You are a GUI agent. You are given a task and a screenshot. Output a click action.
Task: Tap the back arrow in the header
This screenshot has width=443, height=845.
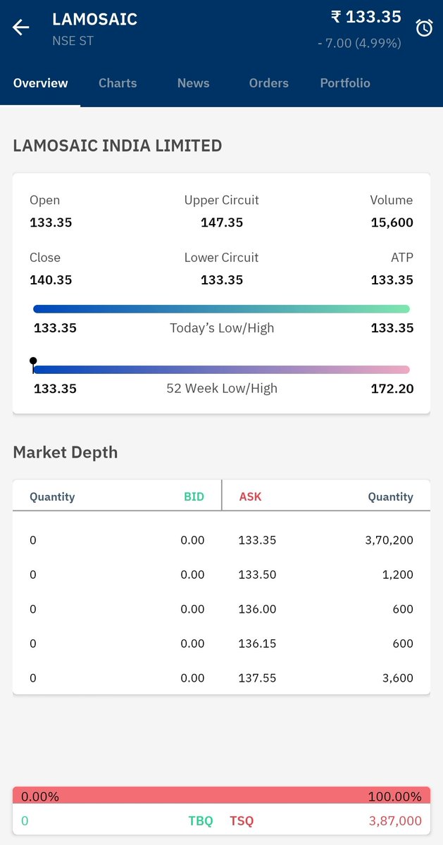21,27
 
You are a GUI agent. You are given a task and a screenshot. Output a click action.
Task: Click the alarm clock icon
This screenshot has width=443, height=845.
424,28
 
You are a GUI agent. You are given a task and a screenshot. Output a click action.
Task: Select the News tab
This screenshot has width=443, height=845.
193,83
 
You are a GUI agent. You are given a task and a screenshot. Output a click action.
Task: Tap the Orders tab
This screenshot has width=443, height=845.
268,83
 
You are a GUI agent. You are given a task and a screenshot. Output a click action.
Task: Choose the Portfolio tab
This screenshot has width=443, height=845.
344,83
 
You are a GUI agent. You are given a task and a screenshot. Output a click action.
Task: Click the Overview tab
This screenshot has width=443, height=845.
41,83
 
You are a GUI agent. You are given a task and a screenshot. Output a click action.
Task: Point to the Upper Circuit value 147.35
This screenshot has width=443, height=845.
222,223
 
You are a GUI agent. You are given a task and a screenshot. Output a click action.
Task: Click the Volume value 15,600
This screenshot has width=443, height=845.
392,223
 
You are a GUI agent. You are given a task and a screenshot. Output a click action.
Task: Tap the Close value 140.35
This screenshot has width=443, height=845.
51,280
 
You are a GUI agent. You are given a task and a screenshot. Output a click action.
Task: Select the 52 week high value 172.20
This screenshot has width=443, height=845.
392,388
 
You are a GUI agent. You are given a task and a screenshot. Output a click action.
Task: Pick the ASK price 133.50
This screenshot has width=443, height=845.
257,575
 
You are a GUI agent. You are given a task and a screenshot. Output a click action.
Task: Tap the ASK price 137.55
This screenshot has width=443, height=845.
257,678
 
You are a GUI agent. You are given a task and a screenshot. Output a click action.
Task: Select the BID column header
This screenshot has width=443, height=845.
194,496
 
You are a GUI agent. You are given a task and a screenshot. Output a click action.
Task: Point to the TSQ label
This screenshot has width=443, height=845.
242,820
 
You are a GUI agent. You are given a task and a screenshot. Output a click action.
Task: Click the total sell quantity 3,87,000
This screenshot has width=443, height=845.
395,820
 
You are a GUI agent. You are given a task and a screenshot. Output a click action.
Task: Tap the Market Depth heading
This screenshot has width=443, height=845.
65,452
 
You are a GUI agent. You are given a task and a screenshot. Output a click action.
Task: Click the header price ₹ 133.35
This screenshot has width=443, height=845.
366,17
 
